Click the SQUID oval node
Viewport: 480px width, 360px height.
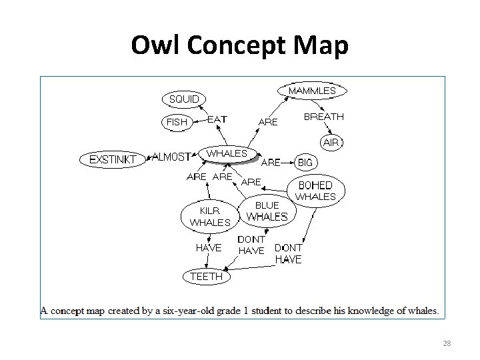184,99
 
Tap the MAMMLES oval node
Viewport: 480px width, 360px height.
312,90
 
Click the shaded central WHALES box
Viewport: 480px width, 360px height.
227,154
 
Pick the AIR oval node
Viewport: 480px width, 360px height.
331,142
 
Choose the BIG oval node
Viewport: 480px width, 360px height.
305,162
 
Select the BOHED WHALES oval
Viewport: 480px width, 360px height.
315,190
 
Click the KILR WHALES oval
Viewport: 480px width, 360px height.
210,216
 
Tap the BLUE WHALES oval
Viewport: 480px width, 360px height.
267,211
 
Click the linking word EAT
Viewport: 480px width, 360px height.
217,119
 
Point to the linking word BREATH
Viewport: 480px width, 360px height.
324,117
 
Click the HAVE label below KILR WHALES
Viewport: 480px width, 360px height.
209,247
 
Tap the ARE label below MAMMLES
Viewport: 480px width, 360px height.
268,121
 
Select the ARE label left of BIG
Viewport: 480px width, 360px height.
271,161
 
